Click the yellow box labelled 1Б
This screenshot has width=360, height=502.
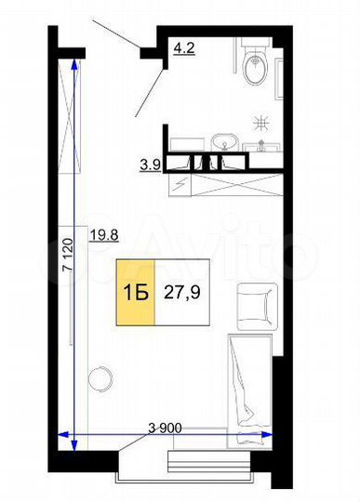click(132, 292)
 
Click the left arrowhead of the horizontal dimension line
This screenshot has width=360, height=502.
click(63, 434)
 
